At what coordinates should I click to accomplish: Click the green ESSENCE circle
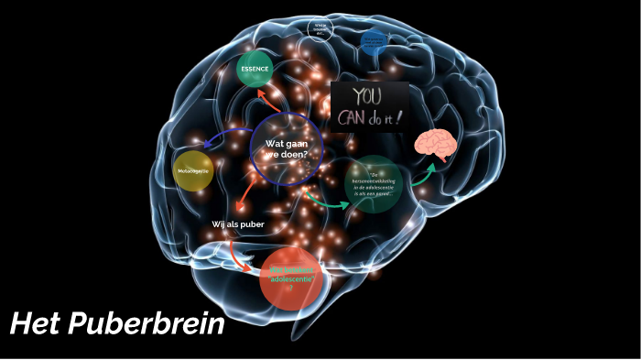click(255, 69)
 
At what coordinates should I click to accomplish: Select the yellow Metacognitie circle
click(193, 170)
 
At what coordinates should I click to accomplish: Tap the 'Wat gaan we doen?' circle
click(288, 148)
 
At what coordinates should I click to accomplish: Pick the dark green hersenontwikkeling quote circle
click(375, 185)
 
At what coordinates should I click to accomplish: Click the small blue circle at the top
click(373, 42)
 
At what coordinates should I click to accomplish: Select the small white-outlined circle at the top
click(320, 28)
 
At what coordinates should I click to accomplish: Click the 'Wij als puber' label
click(238, 224)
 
